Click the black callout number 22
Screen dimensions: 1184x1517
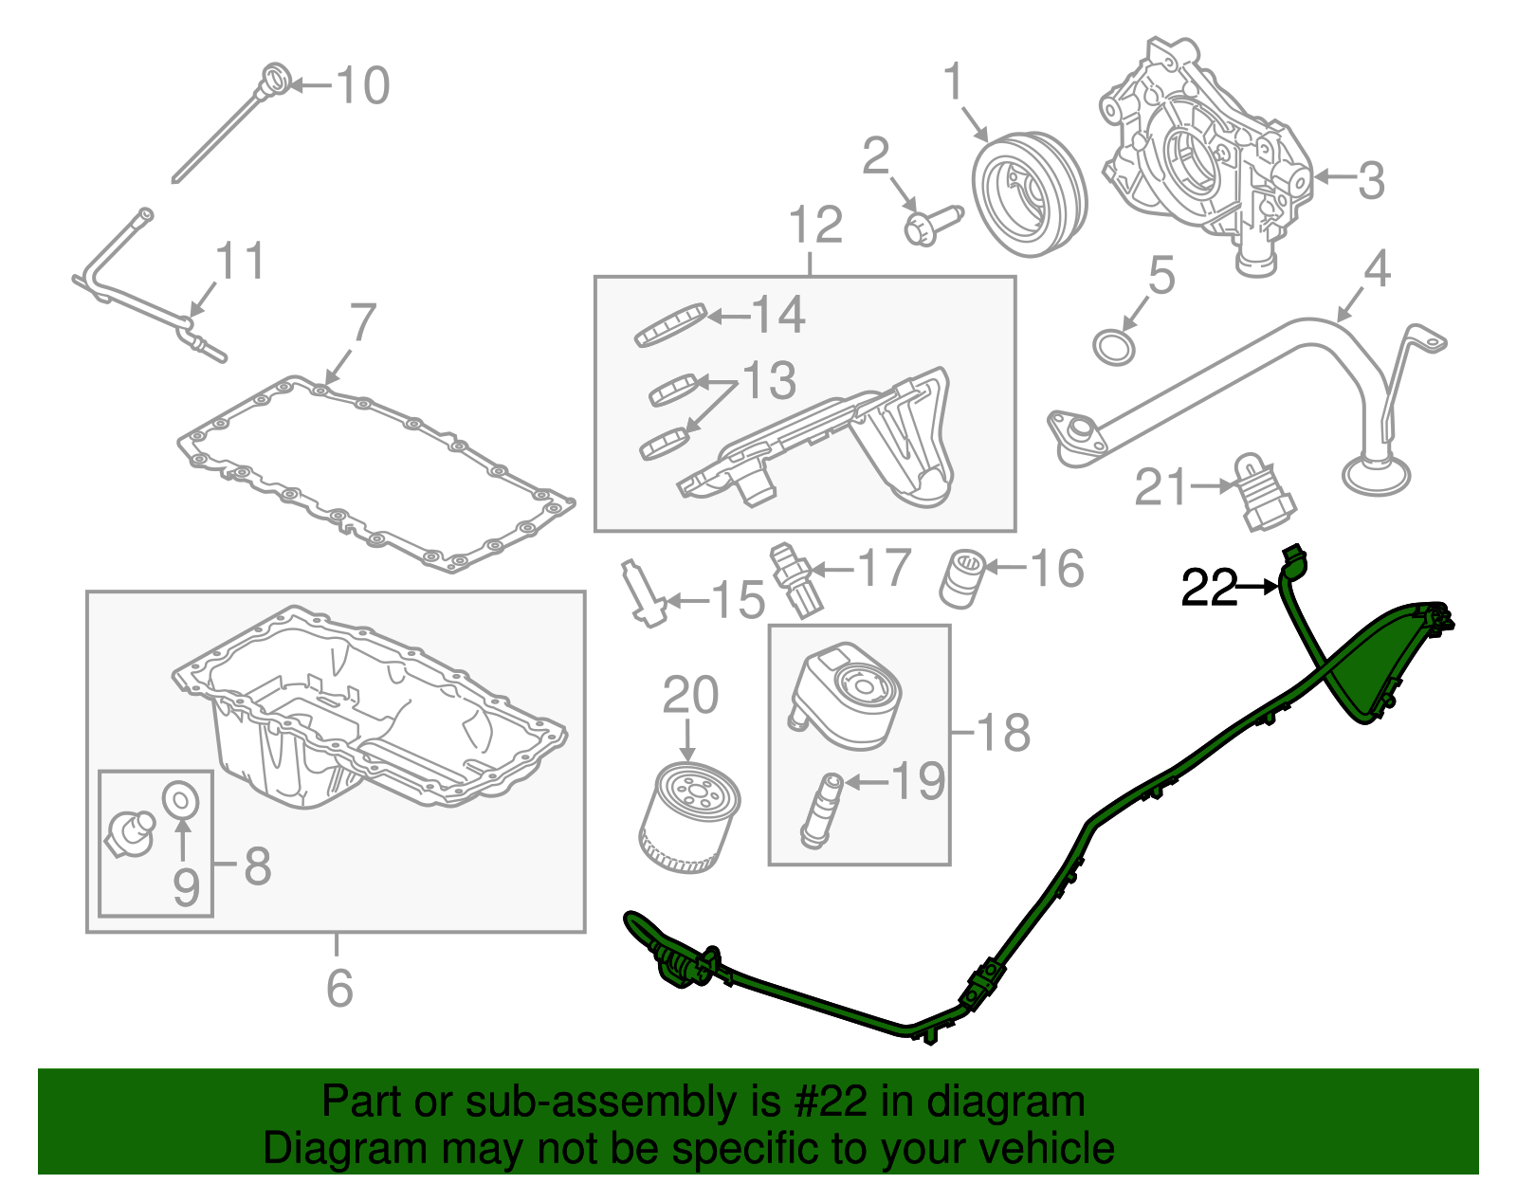tap(1209, 589)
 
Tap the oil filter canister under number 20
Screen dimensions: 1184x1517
tap(689, 817)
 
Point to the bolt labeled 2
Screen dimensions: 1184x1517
tap(930, 225)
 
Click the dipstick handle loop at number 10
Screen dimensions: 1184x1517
tap(274, 76)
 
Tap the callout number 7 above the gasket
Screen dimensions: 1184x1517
tap(363, 323)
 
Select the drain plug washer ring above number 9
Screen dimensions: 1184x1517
tap(180, 800)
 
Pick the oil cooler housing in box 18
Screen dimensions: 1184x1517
tap(845, 689)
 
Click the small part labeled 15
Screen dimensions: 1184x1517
tap(641, 592)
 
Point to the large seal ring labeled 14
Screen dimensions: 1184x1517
tap(670, 325)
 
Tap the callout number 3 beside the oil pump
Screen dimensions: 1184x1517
tap(1370, 180)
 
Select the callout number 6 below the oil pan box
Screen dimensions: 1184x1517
tap(338, 988)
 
